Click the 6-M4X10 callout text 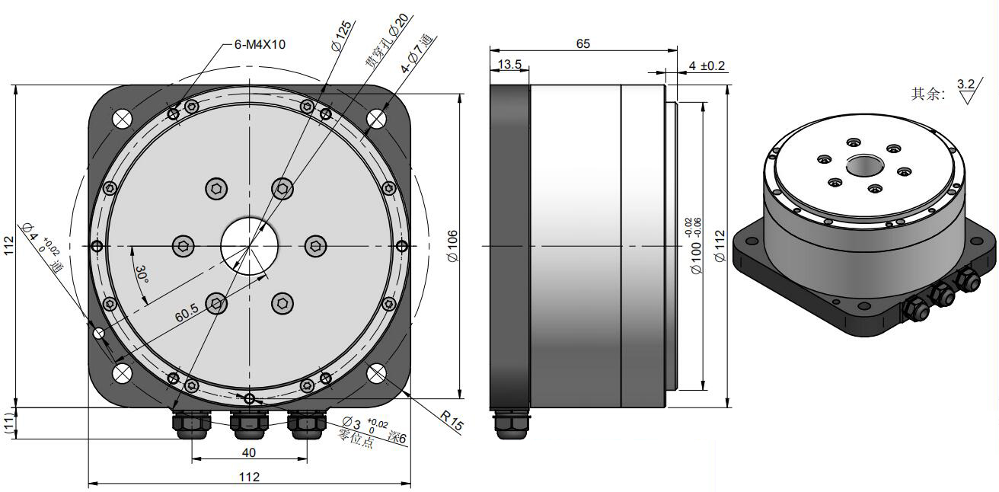260,44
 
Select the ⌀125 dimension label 342,36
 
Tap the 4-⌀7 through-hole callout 417,53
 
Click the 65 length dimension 583,43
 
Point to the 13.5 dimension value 509,65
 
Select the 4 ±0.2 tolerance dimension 707,66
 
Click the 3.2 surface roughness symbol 966,91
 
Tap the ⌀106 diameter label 452,246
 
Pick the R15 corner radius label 452,420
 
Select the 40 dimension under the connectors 249,452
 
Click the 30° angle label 142,274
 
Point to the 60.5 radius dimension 187,312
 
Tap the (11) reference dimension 9,423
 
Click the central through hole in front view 249,246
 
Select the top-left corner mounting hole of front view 122,119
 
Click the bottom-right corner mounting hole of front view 376,373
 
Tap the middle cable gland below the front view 249,424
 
